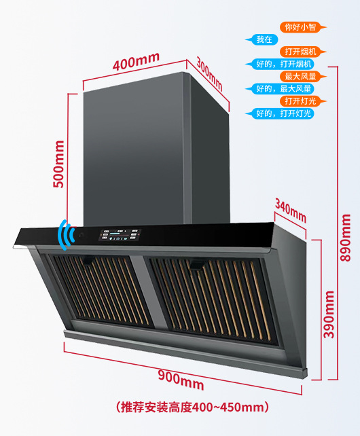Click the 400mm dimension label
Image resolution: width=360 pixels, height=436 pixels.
tap(136, 62)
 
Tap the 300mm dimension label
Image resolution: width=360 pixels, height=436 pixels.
tap(209, 74)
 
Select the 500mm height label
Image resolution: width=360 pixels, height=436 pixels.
tap(58, 164)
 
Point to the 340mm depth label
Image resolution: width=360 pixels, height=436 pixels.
tap(291, 211)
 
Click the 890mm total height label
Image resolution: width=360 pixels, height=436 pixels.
tap(346, 238)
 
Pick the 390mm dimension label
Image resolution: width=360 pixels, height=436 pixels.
tap(329, 314)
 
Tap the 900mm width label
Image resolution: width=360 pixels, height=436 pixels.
tap(181, 380)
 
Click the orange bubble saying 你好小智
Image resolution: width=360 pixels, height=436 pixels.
tap(303, 27)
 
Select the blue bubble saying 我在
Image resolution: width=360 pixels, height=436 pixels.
tap(262, 39)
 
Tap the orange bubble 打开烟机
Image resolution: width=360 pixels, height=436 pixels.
tap(303, 52)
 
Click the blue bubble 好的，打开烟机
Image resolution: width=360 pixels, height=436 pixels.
tap(280, 65)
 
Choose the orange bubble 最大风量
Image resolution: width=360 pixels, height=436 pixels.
tap(303, 77)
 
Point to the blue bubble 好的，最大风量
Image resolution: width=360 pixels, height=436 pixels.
tap(280, 89)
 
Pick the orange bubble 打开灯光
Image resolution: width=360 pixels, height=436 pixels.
tap(303, 101)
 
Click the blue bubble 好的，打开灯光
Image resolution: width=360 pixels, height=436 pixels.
tap(280, 113)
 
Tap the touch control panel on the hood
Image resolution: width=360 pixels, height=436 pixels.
tap(120, 235)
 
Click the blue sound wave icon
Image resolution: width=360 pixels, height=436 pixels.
tap(66, 235)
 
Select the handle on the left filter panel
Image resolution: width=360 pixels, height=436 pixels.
tap(88, 261)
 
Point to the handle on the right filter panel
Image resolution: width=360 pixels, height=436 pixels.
tap(196, 265)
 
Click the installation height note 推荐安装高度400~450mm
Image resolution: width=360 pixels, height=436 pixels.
tap(192, 407)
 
